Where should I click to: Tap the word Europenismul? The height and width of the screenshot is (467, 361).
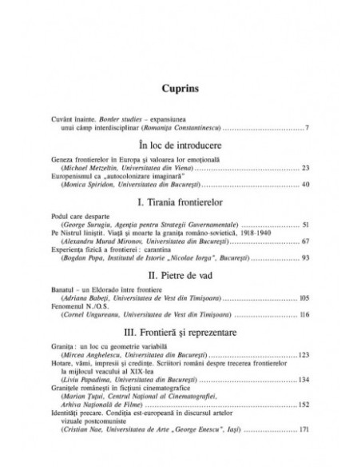tap(92, 175)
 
